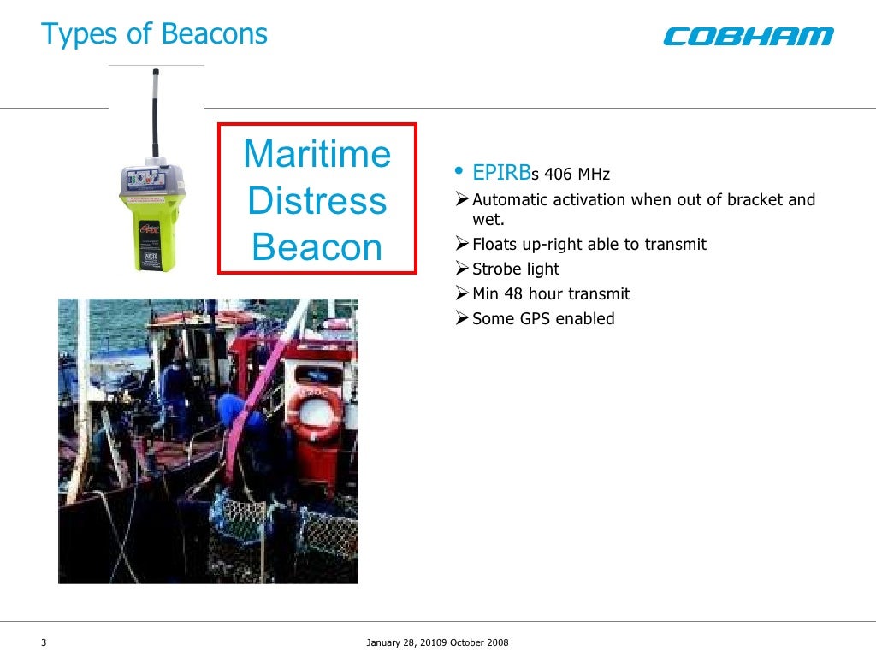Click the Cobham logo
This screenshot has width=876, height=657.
[748, 36]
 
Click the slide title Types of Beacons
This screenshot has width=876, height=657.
[155, 34]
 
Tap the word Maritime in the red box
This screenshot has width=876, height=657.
[317, 155]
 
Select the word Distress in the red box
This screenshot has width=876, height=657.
[317, 201]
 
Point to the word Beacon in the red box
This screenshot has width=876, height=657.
[317, 247]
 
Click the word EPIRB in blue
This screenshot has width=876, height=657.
[501, 174]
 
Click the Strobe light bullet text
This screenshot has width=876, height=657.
[516, 269]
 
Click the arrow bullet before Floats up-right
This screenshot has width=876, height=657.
[462, 245]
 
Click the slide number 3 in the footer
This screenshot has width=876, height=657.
[44, 643]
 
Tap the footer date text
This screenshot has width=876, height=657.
[437, 643]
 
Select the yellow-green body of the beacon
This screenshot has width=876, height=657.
[156, 231]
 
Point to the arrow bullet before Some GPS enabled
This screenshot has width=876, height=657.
[462, 319]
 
